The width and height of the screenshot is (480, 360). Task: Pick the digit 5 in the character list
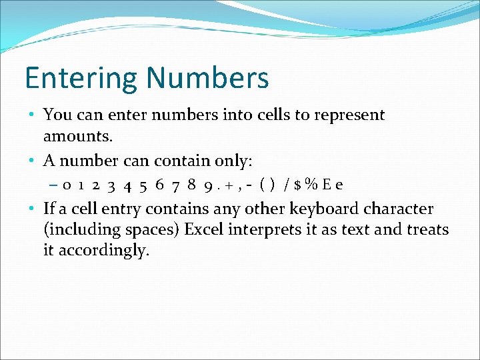[x=143, y=185]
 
